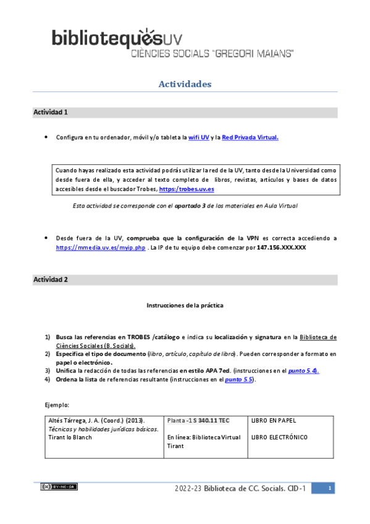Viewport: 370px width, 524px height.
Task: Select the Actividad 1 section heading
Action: (x=51, y=112)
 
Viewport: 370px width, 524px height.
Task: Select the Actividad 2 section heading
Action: (x=51, y=279)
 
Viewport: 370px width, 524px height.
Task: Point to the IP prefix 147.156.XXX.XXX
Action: (x=274, y=247)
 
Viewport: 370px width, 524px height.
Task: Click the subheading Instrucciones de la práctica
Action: (x=185, y=305)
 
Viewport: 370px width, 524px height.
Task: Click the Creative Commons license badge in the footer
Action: (x=59, y=487)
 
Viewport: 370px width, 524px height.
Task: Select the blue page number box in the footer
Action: (x=331, y=489)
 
